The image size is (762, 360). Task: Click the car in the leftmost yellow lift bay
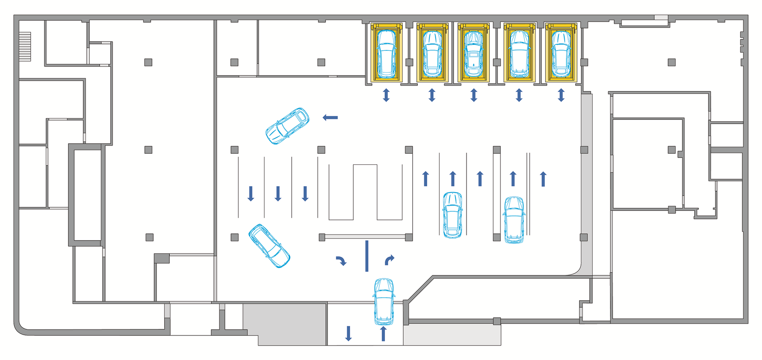(x=386, y=54)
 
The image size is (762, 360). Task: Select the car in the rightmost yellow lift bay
(x=561, y=54)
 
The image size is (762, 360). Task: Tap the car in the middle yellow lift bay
(x=473, y=54)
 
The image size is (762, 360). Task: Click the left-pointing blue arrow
(x=330, y=117)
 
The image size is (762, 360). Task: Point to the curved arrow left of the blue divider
(x=341, y=261)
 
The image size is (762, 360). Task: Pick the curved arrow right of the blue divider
(x=389, y=260)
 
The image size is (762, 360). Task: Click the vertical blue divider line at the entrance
(x=367, y=256)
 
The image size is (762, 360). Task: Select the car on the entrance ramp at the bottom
(x=384, y=301)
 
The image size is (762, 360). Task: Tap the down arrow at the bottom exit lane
(x=348, y=333)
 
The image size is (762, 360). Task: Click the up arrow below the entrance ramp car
(x=384, y=333)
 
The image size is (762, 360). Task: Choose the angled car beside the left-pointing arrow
(x=287, y=126)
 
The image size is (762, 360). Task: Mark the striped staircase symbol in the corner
(x=25, y=46)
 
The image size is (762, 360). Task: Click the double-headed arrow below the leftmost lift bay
(x=386, y=95)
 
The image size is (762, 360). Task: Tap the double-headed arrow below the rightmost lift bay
(x=561, y=95)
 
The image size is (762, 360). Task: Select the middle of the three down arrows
(x=278, y=194)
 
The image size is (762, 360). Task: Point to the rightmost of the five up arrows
(x=543, y=179)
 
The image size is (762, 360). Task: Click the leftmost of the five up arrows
(x=425, y=179)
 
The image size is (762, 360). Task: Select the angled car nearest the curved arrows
(x=269, y=246)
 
